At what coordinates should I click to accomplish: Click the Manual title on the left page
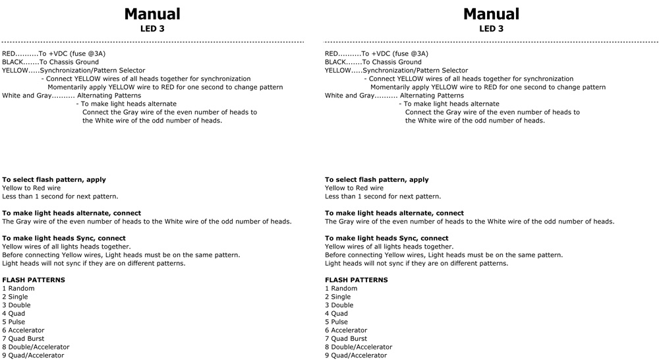pos(152,14)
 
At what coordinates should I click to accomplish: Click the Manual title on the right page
pos(491,14)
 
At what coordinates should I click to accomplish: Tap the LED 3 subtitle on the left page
pos(152,29)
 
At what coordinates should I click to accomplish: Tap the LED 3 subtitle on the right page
pos(491,29)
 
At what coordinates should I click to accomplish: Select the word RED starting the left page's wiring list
pos(9,54)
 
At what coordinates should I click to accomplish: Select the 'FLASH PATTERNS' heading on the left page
pos(34,280)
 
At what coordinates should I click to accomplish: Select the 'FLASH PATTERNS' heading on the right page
pos(357,280)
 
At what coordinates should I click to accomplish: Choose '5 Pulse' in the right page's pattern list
pos(339,322)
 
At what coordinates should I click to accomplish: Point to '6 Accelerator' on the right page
pos(349,330)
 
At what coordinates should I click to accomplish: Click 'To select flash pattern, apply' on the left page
pos(54,180)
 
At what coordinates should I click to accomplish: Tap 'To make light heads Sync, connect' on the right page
pos(386,239)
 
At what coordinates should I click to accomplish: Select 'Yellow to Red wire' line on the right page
pos(354,189)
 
